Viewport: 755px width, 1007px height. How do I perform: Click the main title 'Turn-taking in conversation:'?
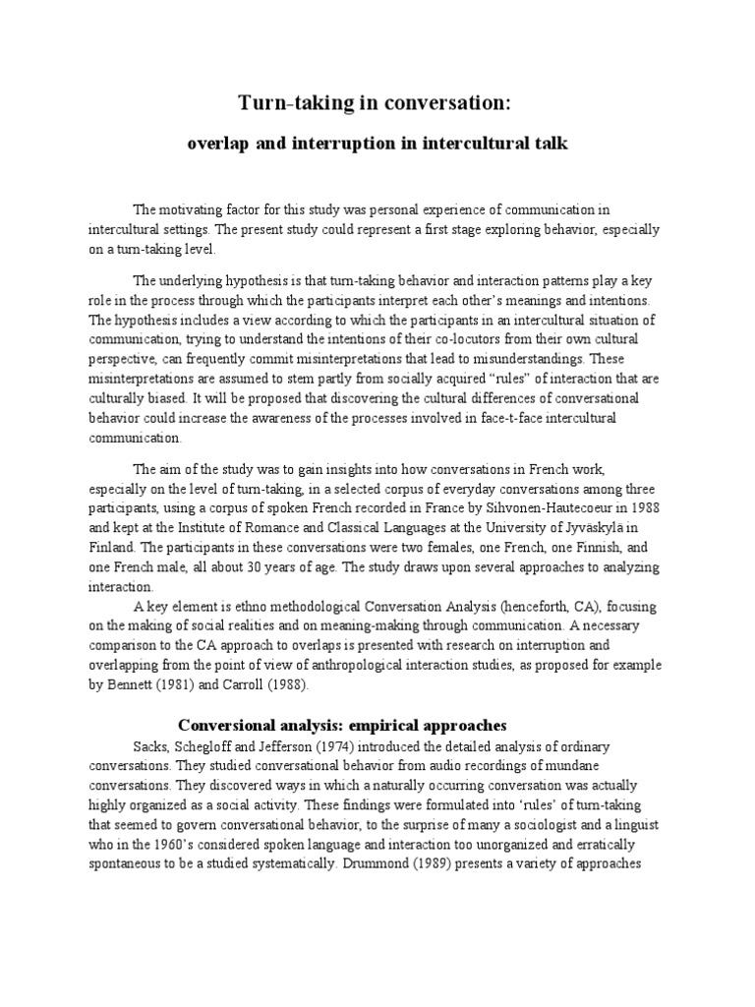[x=377, y=103]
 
